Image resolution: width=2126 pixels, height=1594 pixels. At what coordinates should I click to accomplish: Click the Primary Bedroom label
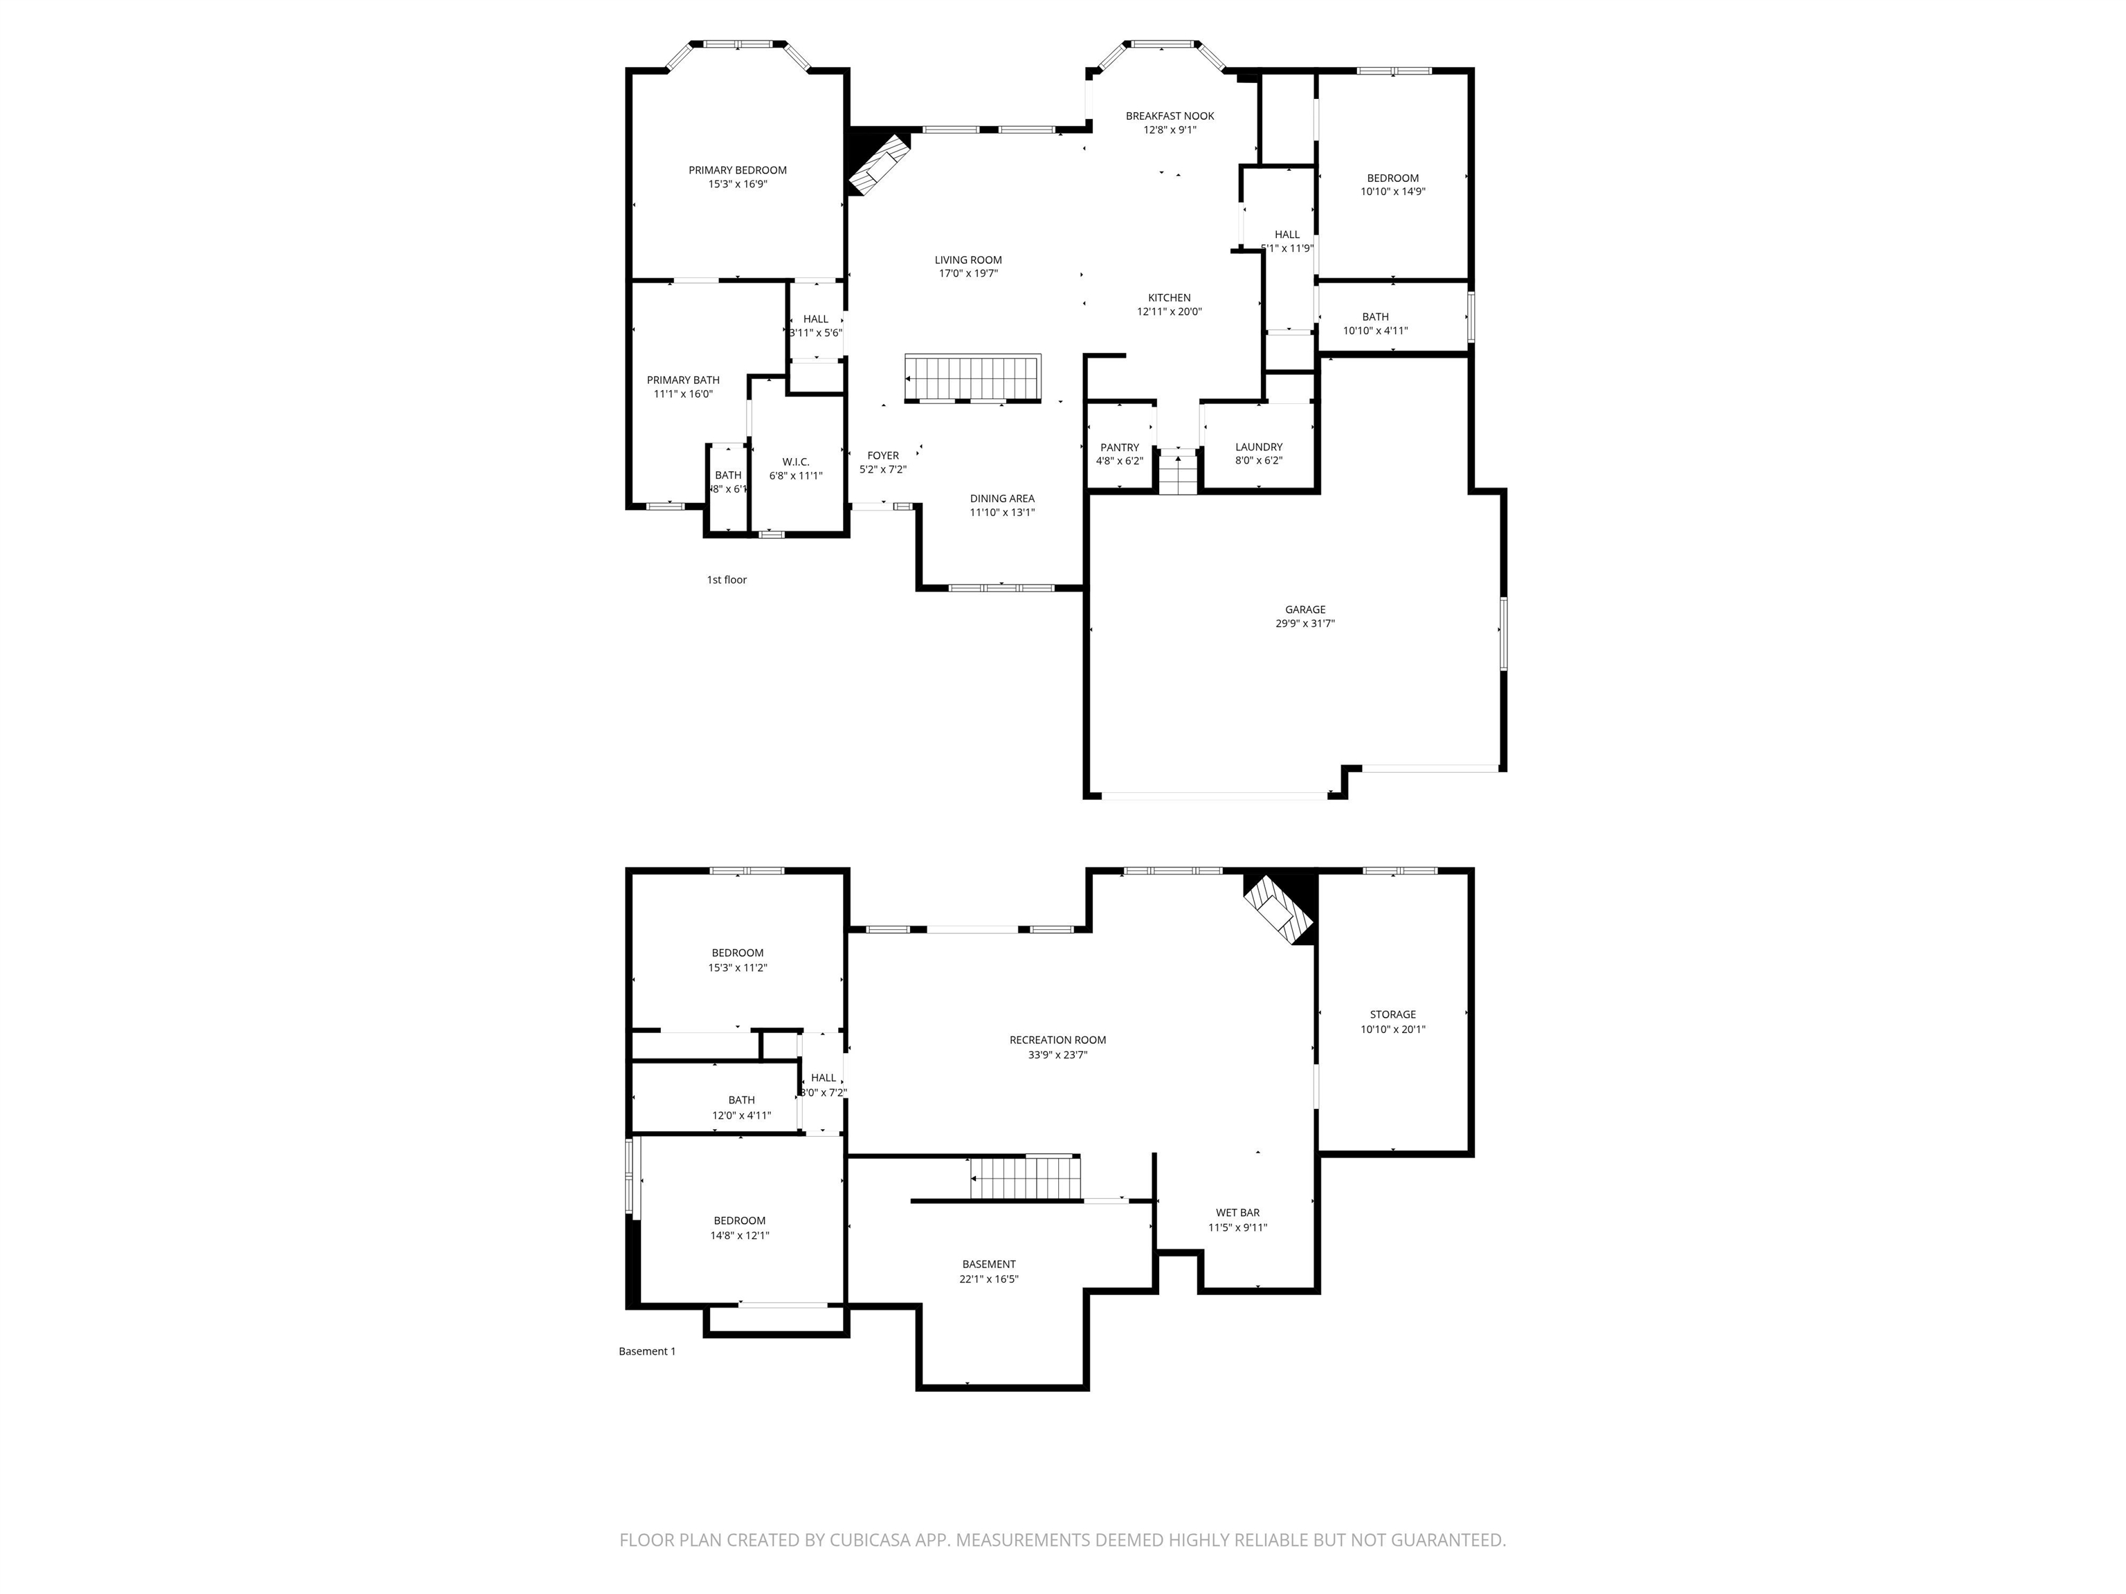pyautogui.click(x=737, y=170)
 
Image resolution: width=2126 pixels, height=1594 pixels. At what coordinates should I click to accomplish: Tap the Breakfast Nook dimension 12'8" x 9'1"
pyautogui.click(x=1170, y=129)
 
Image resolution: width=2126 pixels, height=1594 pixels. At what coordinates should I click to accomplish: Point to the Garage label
pyautogui.click(x=1305, y=609)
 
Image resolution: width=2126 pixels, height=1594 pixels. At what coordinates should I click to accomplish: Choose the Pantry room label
pyautogui.click(x=1120, y=447)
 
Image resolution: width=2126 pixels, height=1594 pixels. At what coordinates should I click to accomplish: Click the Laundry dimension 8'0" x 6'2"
pyautogui.click(x=1258, y=460)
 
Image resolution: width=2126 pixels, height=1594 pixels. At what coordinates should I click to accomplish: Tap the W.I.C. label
pyautogui.click(x=796, y=462)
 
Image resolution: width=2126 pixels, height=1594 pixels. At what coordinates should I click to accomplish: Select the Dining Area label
pyautogui.click(x=1001, y=499)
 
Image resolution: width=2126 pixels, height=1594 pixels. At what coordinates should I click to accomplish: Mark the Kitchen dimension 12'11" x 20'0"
pyautogui.click(x=1169, y=311)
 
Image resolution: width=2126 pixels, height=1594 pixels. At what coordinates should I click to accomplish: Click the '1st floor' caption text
pyautogui.click(x=727, y=579)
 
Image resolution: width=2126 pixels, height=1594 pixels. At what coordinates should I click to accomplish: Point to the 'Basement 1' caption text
pyautogui.click(x=647, y=1351)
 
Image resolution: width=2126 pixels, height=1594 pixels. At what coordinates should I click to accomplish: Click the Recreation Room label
pyautogui.click(x=1057, y=1040)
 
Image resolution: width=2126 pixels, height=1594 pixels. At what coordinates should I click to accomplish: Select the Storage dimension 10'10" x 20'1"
pyautogui.click(x=1392, y=1029)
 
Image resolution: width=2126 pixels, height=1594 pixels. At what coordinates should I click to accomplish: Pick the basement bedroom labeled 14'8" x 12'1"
pyautogui.click(x=739, y=1236)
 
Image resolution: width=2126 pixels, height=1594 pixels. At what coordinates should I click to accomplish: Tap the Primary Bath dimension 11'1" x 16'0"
pyautogui.click(x=683, y=394)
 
